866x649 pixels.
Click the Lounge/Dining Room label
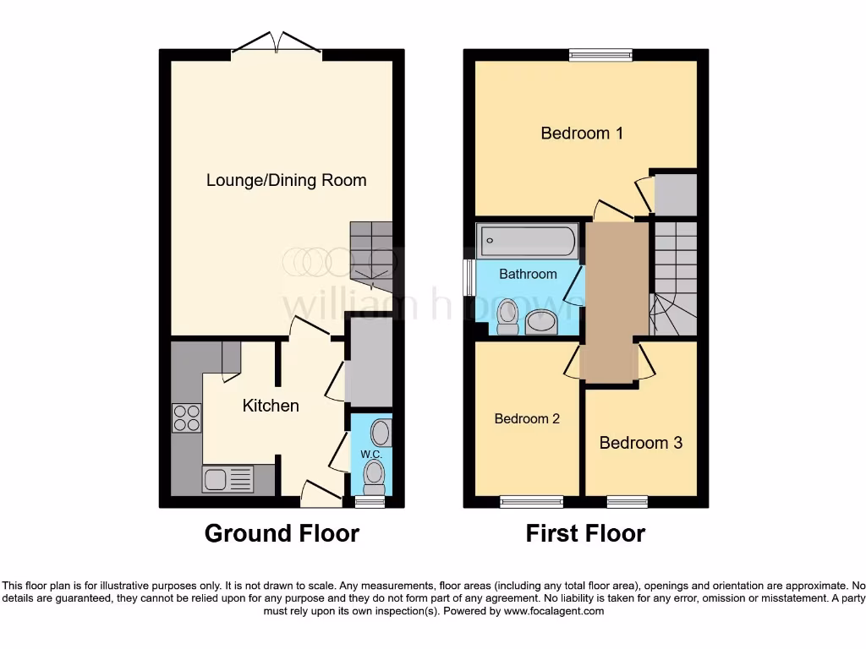click(286, 180)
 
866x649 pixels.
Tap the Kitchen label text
click(271, 406)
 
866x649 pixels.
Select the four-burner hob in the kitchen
click(187, 417)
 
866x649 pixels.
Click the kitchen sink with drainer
click(227, 479)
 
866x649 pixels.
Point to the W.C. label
click(371, 455)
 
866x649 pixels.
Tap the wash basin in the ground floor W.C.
click(381, 433)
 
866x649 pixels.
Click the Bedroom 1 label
click(582, 133)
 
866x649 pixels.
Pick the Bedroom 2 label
click(527, 418)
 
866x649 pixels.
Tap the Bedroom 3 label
click(640, 443)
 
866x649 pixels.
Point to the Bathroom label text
click(528, 274)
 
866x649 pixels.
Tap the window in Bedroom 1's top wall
click(600, 56)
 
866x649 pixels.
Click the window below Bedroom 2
click(531, 502)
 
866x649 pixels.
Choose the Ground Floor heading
click(282, 534)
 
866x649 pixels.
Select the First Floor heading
click(585, 534)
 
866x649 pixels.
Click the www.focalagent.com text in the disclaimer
click(553, 611)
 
